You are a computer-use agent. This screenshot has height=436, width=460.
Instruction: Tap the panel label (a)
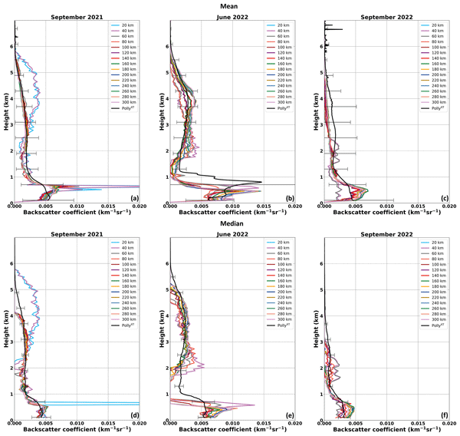point(134,198)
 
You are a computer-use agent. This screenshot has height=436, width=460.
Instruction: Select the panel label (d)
point(134,415)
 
